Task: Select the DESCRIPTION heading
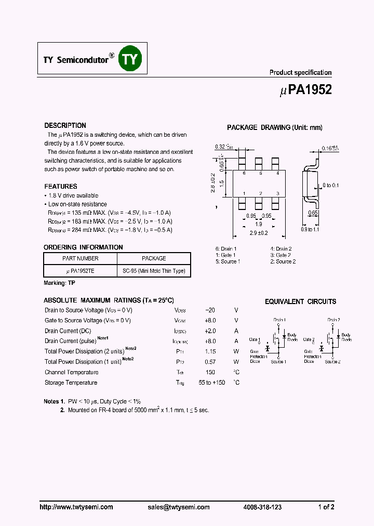[x=65, y=126]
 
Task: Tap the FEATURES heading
[x=61, y=186]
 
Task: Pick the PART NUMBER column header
[x=80, y=258]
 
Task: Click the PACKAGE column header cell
[x=154, y=258]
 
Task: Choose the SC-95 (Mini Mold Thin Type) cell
[x=154, y=271]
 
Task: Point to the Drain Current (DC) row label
[x=68, y=331]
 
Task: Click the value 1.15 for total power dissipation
[x=210, y=351]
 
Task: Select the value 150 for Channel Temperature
[x=210, y=372]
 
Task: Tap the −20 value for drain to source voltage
[x=210, y=310]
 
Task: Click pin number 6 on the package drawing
[x=244, y=173]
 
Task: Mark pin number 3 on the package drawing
[x=278, y=193]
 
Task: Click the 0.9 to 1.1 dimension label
[x=311, y=229]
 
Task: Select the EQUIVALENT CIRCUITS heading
[x=300, y=301]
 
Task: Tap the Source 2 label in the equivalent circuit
[x=332, y=362]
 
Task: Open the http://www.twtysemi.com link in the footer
[x=76, y=507]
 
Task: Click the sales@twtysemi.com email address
[x=178, y=507]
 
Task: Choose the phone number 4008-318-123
[x=262, y=507]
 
